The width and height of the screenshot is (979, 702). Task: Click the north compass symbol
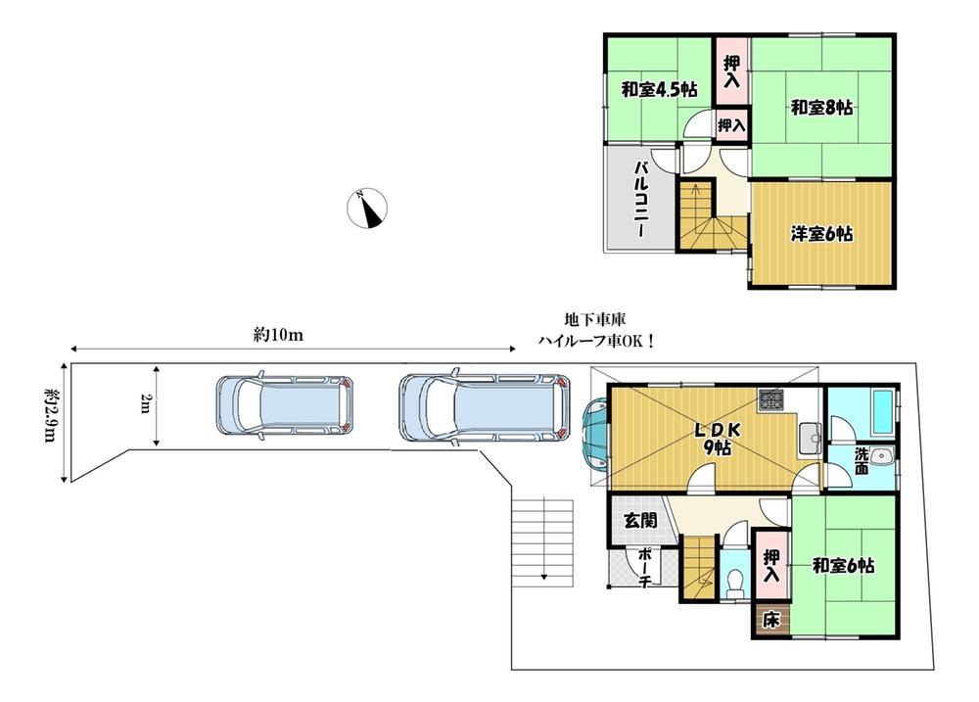click(367, 208)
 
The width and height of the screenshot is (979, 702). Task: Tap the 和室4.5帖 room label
click(659, 90)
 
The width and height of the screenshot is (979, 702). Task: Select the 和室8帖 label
click(821, 108)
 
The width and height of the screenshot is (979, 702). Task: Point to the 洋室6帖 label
click(821, 234)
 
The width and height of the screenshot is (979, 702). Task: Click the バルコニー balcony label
click(641, 199)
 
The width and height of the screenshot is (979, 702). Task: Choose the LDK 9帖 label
click(719, 439)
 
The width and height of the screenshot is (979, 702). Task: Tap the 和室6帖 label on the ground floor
click(843, 567)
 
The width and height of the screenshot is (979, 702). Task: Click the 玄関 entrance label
click(641, 520)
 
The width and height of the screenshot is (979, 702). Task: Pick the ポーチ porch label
click(646, 567)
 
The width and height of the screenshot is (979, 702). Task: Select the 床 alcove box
click(771, 621)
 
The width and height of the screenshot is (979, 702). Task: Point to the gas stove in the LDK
click(771, 400)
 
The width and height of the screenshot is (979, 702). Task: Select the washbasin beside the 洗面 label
click(883, 456)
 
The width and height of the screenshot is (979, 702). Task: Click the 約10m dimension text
click(278, 336)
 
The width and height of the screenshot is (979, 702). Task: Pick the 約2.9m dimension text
click(51, 415)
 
